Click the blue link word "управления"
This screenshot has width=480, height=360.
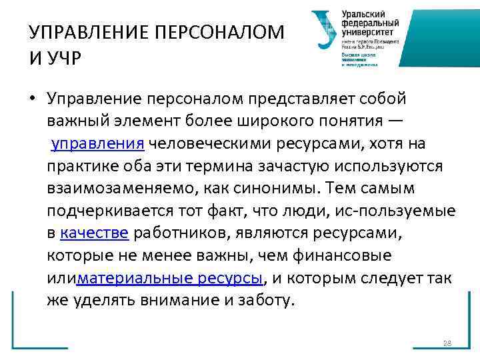click(x=98, y=144)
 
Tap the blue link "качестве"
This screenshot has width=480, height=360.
click(x=95, y=233)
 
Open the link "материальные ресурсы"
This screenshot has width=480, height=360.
click(x=170, y=277)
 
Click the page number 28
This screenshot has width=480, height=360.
click(x=447, y=343)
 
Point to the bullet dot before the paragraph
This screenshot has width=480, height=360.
click(x=31, y=99)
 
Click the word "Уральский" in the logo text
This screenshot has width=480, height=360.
click(x=363, y=14)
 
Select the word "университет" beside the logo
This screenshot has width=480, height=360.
click(x=367, y=31)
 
